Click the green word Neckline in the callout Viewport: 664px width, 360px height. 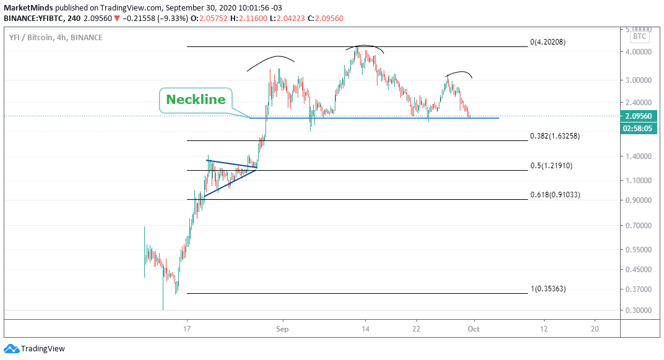coord(196,100)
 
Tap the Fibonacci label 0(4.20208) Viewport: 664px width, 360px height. coord(548,42)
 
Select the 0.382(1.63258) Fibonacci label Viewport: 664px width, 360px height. coord(554,136)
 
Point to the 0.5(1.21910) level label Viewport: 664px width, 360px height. coord(551,166)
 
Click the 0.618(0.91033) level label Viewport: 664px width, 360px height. coord(555,195)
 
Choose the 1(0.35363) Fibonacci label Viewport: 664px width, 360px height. coord(548,289)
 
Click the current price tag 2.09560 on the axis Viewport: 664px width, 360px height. coord(639,116)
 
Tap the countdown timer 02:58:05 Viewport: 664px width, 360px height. coord(639,128)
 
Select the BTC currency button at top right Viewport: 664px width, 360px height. coord(639,36)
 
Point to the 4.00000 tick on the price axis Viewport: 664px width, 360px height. coord(638,52)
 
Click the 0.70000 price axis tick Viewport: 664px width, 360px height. coord(638,226)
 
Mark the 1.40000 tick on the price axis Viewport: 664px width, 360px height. coord(638,156)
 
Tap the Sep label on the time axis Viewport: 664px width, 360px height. coord(282,329)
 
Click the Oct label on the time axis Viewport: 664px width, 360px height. coord(473,329)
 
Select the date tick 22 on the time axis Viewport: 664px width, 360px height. coord(416,329)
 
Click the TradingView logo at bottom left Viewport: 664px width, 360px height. coord(35,349)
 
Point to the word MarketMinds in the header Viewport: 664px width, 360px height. coord(28,7)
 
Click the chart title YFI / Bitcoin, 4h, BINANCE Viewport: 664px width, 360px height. coord(56,37)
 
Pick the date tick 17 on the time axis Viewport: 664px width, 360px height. coord(187,329)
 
